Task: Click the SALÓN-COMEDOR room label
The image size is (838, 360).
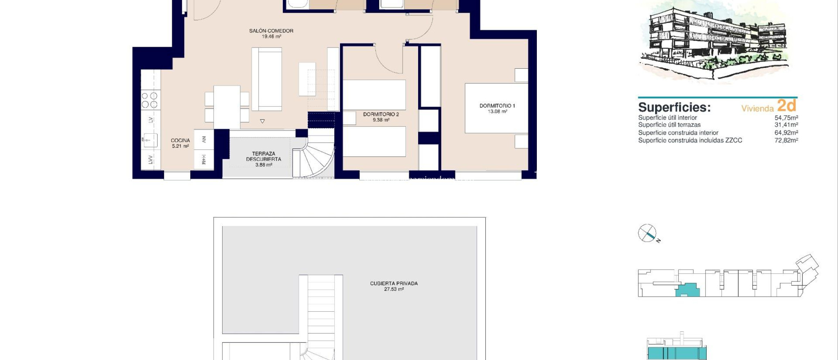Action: pos(271,31)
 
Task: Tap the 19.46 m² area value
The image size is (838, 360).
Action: pos(271,36)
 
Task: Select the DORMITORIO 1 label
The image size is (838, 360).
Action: pos(497,106)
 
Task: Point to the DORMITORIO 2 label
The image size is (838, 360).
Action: pos(381,114)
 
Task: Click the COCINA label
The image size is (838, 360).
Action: pos(180,140)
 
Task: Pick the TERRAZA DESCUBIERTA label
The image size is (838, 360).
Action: pos(264,156)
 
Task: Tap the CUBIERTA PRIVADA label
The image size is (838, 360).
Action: pos(394,283)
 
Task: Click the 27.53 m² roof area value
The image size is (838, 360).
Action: pos(394,289)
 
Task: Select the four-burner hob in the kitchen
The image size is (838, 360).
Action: pos(149,100)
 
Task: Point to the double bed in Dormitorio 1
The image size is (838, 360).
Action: pos(496,108)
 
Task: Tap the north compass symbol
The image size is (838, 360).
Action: pos(647,234)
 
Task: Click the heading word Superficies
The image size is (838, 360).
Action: pos(674,107)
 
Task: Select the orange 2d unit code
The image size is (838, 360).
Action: pos(786,106)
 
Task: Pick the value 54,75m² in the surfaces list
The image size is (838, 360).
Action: pos(786,117)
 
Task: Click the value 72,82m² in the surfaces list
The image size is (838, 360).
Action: pos(786,140)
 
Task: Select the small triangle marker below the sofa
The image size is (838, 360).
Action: pos(262,121)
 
